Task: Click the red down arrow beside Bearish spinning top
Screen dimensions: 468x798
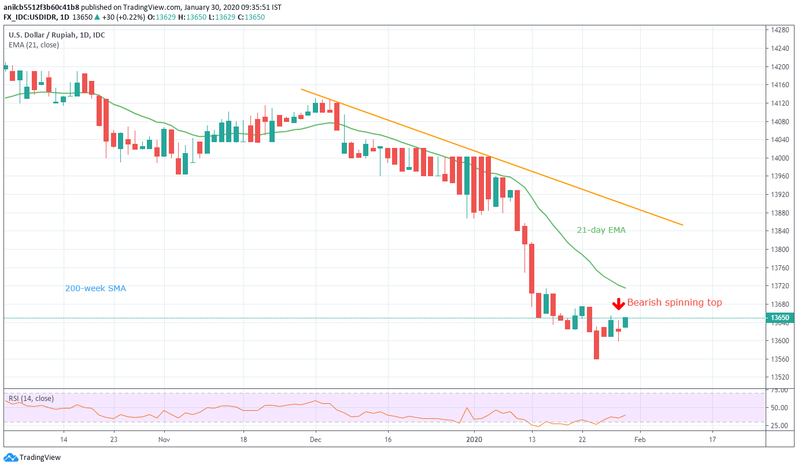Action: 618,303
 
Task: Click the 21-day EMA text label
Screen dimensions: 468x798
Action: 601,230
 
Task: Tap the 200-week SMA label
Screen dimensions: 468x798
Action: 95,288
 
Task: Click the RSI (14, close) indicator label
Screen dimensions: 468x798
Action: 31,398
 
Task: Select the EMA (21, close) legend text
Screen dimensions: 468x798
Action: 34,44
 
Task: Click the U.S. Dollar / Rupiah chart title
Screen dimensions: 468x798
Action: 57,35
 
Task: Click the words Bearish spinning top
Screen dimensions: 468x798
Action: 674,302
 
